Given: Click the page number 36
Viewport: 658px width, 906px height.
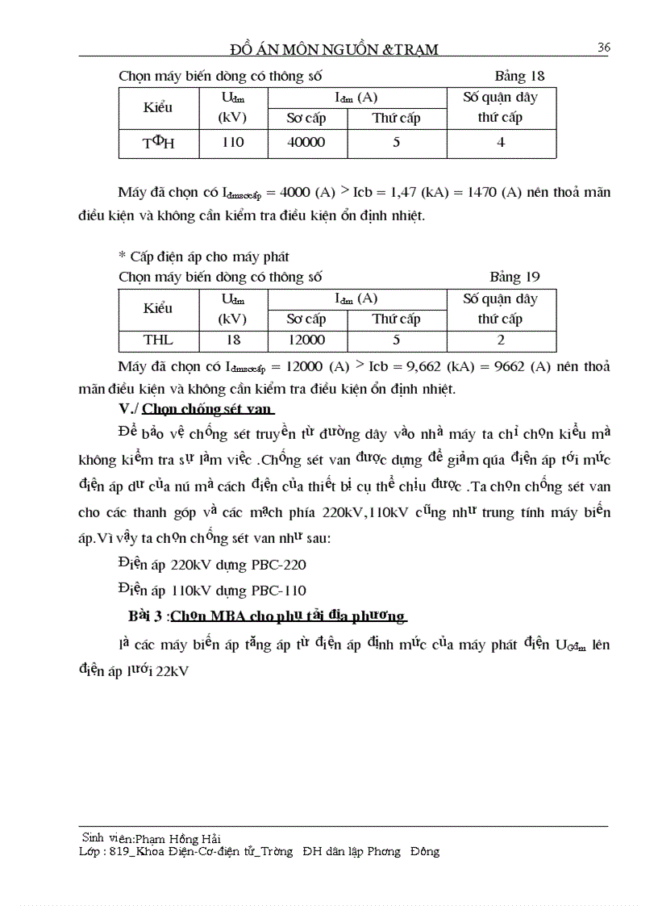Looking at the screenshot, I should point(603,48).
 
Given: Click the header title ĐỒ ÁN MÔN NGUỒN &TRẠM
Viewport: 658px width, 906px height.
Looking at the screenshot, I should point(334,49).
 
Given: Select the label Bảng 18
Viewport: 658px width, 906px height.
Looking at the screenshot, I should point(519,77).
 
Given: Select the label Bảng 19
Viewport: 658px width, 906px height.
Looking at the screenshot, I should point(515,277).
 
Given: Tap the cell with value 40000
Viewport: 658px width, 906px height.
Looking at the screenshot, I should point(306,142).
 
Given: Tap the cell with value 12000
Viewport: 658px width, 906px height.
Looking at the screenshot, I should point(306,340).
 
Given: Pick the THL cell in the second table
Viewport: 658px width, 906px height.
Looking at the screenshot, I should point(158,340).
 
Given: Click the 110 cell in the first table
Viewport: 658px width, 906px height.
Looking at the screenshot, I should point(232,142).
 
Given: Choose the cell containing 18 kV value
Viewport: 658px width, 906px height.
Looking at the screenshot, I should point(232,340).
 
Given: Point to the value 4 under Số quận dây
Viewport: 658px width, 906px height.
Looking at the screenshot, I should point(501,142).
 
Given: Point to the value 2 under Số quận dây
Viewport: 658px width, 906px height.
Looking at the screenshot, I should point(501,340).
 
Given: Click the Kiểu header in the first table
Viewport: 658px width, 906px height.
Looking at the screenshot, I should point(158,107).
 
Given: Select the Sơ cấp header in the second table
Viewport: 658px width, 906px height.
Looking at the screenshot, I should point(306,319).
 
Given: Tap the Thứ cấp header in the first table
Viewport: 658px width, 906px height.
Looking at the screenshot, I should point(396,118).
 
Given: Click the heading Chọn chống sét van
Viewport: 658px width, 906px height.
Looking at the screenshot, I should point(208,408).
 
